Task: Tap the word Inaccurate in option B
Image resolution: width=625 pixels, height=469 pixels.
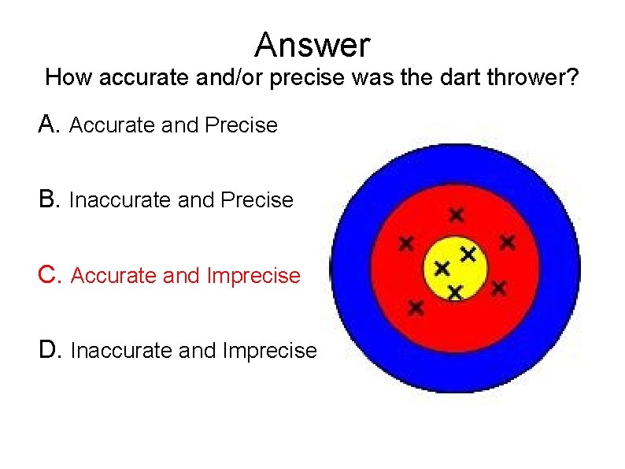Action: tap(121, 201)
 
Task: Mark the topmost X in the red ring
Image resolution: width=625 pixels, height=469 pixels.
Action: tap(456, 214)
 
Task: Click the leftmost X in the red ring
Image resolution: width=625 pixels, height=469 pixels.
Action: tap(405, 244)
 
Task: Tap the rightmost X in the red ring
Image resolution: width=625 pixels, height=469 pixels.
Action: tap(507, 241)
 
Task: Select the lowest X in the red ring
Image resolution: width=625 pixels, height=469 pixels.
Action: tap(416, 307)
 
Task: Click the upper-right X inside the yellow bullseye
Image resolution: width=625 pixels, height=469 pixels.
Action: tap(468, 254)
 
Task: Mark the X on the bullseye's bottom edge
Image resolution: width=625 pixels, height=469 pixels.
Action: tap(454, 292)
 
